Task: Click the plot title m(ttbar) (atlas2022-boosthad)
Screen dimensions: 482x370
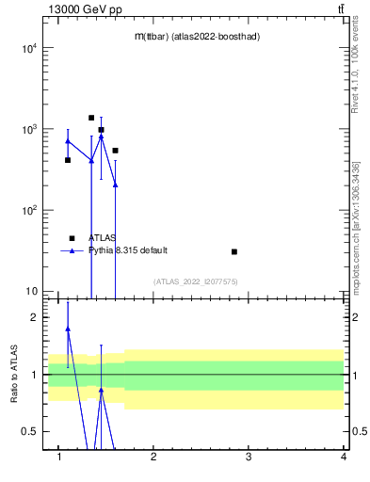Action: (197, 36)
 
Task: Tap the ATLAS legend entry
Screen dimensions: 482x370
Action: (103, 238)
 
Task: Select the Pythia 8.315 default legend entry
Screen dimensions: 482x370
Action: (128, 250)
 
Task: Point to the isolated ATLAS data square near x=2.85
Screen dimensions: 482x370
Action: (234, 251)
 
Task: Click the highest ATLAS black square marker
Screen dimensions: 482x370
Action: (91, 118)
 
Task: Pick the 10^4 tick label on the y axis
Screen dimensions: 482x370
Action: (28, 48)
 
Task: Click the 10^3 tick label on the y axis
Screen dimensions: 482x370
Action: (28, 129)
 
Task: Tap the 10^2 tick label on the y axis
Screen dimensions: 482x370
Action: (28, 210)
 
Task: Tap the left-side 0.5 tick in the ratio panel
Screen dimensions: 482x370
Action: (30, 431)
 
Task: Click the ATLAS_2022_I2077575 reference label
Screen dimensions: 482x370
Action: (196, 281)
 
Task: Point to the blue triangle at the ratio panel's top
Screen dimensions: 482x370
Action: (68, 329)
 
